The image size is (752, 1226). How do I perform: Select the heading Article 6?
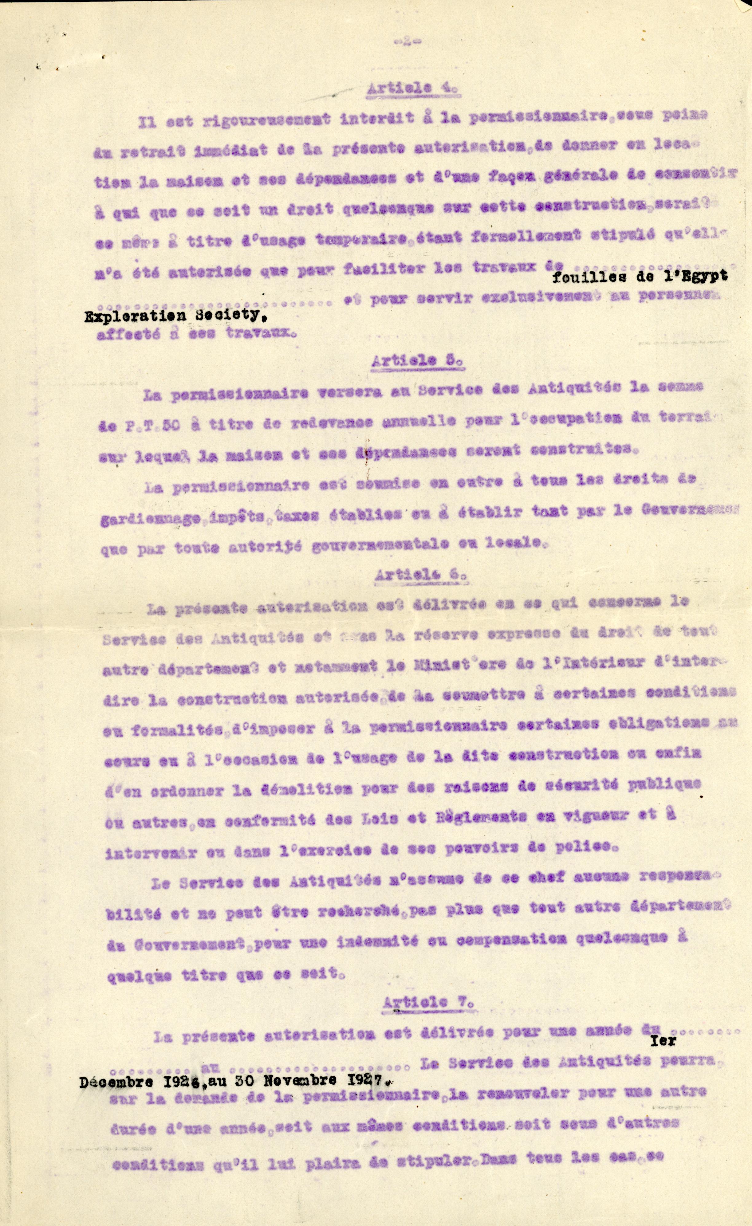420,574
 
